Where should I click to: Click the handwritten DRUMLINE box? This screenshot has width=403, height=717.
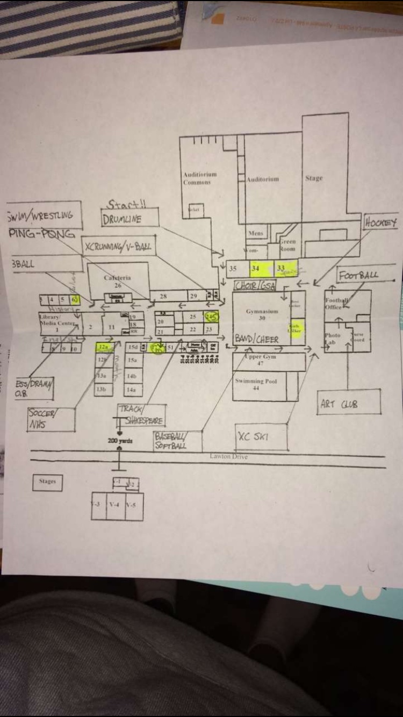[129, 218]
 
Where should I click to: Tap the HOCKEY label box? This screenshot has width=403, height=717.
[381, 222]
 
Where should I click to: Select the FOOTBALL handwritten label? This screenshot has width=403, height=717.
[358, 275]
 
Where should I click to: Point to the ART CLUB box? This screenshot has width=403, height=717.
[349, 403]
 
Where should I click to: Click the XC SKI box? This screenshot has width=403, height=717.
[261, 436]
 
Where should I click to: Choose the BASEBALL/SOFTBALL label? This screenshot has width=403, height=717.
[177, 441]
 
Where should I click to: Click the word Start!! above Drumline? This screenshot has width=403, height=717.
[126, 204]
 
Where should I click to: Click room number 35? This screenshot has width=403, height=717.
[233, 268]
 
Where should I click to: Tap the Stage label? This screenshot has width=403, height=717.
[314, 178]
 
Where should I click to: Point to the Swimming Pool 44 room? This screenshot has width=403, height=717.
[256, 383]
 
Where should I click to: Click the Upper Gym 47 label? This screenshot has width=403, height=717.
[260, 360]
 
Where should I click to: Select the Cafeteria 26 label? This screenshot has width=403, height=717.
[118, 281]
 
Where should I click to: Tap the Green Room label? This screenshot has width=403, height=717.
[287, 245]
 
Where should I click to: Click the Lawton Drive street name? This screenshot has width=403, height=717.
[229, 456]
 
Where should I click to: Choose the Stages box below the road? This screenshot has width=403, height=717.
[47, 482]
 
